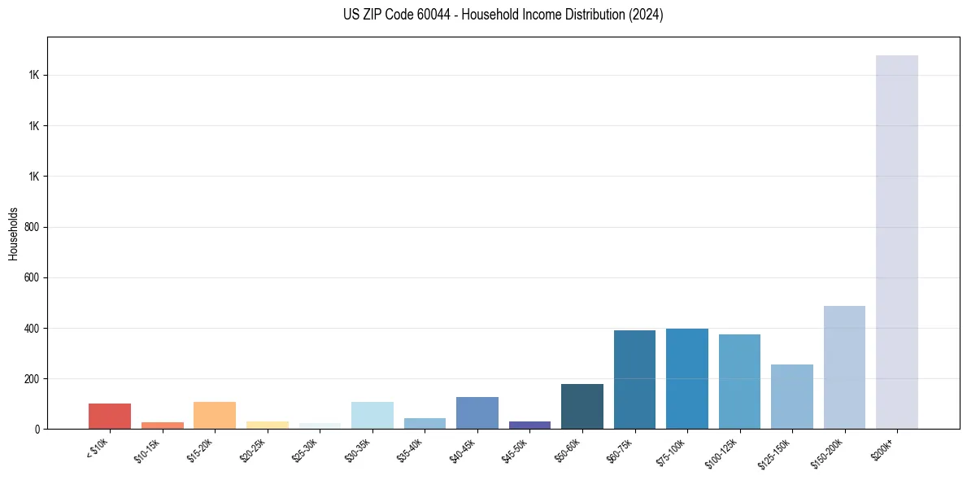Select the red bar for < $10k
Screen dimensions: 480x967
click(x=110, y=416)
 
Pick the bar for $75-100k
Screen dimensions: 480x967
click(x=687, y=379)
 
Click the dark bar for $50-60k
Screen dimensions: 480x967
click(x=582, y=407)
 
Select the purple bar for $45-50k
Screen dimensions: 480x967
click(x=529, y=425)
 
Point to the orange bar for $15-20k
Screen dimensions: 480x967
click(x=215, y=415)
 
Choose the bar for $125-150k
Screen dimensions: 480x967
click(x=792, y=397)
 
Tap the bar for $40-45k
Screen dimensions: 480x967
click(x=477, y=412)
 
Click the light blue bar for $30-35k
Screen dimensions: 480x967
click(x=372, y=415)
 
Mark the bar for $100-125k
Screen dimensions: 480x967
click(x=739, y=382)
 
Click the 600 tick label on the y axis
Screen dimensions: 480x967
click(x=32, y=277)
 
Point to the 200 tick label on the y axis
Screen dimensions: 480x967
click(x=32, y=379)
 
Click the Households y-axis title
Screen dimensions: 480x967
click(x=13, y=233)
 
